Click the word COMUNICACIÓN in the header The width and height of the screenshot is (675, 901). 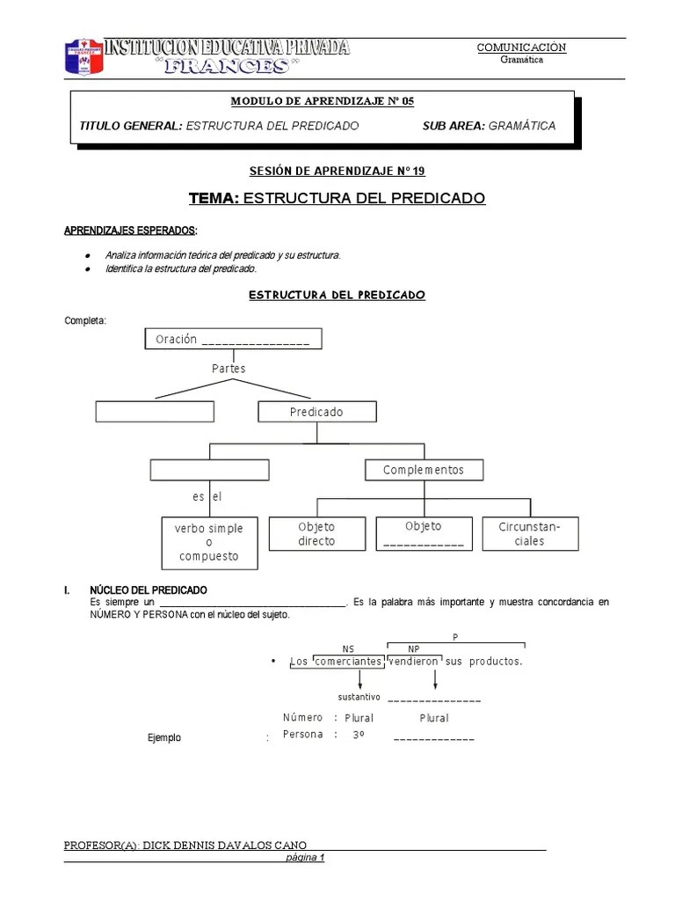point(521,48)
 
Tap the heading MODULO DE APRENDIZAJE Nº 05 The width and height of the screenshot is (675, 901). point(322,102)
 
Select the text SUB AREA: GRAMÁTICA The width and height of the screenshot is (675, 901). point(489,126)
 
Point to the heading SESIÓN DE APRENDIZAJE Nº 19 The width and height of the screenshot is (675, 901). point(337,172)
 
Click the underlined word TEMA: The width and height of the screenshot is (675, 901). point(213,199)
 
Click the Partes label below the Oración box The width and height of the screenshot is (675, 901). point(229,369)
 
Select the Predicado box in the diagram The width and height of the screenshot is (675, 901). point(316,412)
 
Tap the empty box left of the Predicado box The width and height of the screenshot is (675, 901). point(155,412)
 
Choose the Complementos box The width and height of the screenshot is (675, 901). point(423,471)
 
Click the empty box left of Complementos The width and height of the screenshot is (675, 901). point(208,471)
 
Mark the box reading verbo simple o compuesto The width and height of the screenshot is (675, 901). point(209,542)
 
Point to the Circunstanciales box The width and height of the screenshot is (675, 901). point(530,534)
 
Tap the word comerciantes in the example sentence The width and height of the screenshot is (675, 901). point(348,661)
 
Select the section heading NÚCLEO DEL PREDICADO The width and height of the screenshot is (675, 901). point(149,590)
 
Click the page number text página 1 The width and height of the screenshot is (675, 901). point(307,858)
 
